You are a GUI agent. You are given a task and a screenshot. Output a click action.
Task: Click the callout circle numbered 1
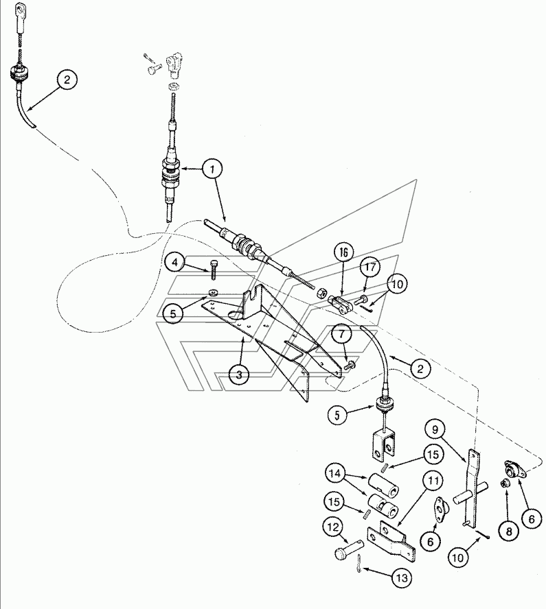(212, 169)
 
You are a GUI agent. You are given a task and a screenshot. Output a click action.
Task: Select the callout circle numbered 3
(239, 374)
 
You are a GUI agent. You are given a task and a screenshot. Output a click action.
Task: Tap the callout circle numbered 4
(175, 263)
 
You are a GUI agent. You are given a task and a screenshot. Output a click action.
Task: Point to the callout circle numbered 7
(341, 335)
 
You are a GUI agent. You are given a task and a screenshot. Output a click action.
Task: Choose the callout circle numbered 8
(509, 531)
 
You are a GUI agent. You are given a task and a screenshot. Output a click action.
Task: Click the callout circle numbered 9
(435, 430)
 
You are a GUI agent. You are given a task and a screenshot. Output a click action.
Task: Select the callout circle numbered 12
(333, 527)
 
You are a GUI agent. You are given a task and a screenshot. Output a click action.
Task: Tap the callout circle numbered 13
(401, 578)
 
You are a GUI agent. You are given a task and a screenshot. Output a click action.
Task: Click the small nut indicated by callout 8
(503, 483)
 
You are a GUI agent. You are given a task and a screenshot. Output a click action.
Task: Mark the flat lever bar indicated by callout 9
(472, 490)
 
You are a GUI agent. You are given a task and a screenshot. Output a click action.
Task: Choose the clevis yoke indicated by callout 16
(341, 304)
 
